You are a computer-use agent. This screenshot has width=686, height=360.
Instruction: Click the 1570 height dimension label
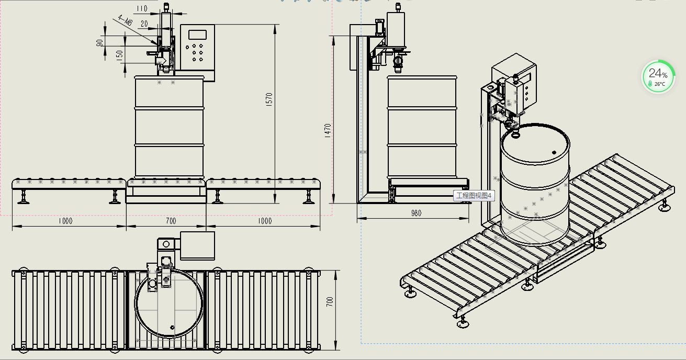(269, 99)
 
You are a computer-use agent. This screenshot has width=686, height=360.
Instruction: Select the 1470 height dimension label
(328, 131)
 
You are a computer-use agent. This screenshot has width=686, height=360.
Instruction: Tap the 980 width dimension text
(416, 213)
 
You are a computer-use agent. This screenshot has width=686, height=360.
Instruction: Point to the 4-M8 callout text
(125, 21)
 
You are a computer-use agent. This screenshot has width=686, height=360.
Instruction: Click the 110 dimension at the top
(142, 8)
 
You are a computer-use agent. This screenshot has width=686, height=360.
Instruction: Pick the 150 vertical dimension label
(119, 55)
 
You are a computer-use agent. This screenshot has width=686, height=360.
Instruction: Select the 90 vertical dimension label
(99, 43)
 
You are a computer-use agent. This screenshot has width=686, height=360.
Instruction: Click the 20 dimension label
(144, 24)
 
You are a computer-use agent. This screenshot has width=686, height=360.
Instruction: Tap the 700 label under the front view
(171, 221)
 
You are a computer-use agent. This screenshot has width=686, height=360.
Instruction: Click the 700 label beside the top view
(330, 302)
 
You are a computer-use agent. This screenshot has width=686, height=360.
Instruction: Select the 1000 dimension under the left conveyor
(65, 221)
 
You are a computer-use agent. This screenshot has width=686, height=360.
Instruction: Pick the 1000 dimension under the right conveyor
(265, 221)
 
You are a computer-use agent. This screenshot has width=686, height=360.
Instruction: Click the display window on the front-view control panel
(197, 35)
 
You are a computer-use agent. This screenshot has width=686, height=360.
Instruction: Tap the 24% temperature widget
(658, 77)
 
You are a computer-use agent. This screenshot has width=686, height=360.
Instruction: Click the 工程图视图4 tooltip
(474, 196)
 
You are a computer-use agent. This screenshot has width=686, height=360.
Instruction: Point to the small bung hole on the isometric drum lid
(554, 152)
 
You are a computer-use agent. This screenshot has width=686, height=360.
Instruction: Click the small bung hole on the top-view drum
(172, 328)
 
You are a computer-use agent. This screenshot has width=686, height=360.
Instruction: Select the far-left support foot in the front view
(23, 197)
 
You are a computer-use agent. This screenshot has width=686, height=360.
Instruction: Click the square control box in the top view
(197, 246)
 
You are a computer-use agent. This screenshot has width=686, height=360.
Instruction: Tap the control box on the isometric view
(514, 83)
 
